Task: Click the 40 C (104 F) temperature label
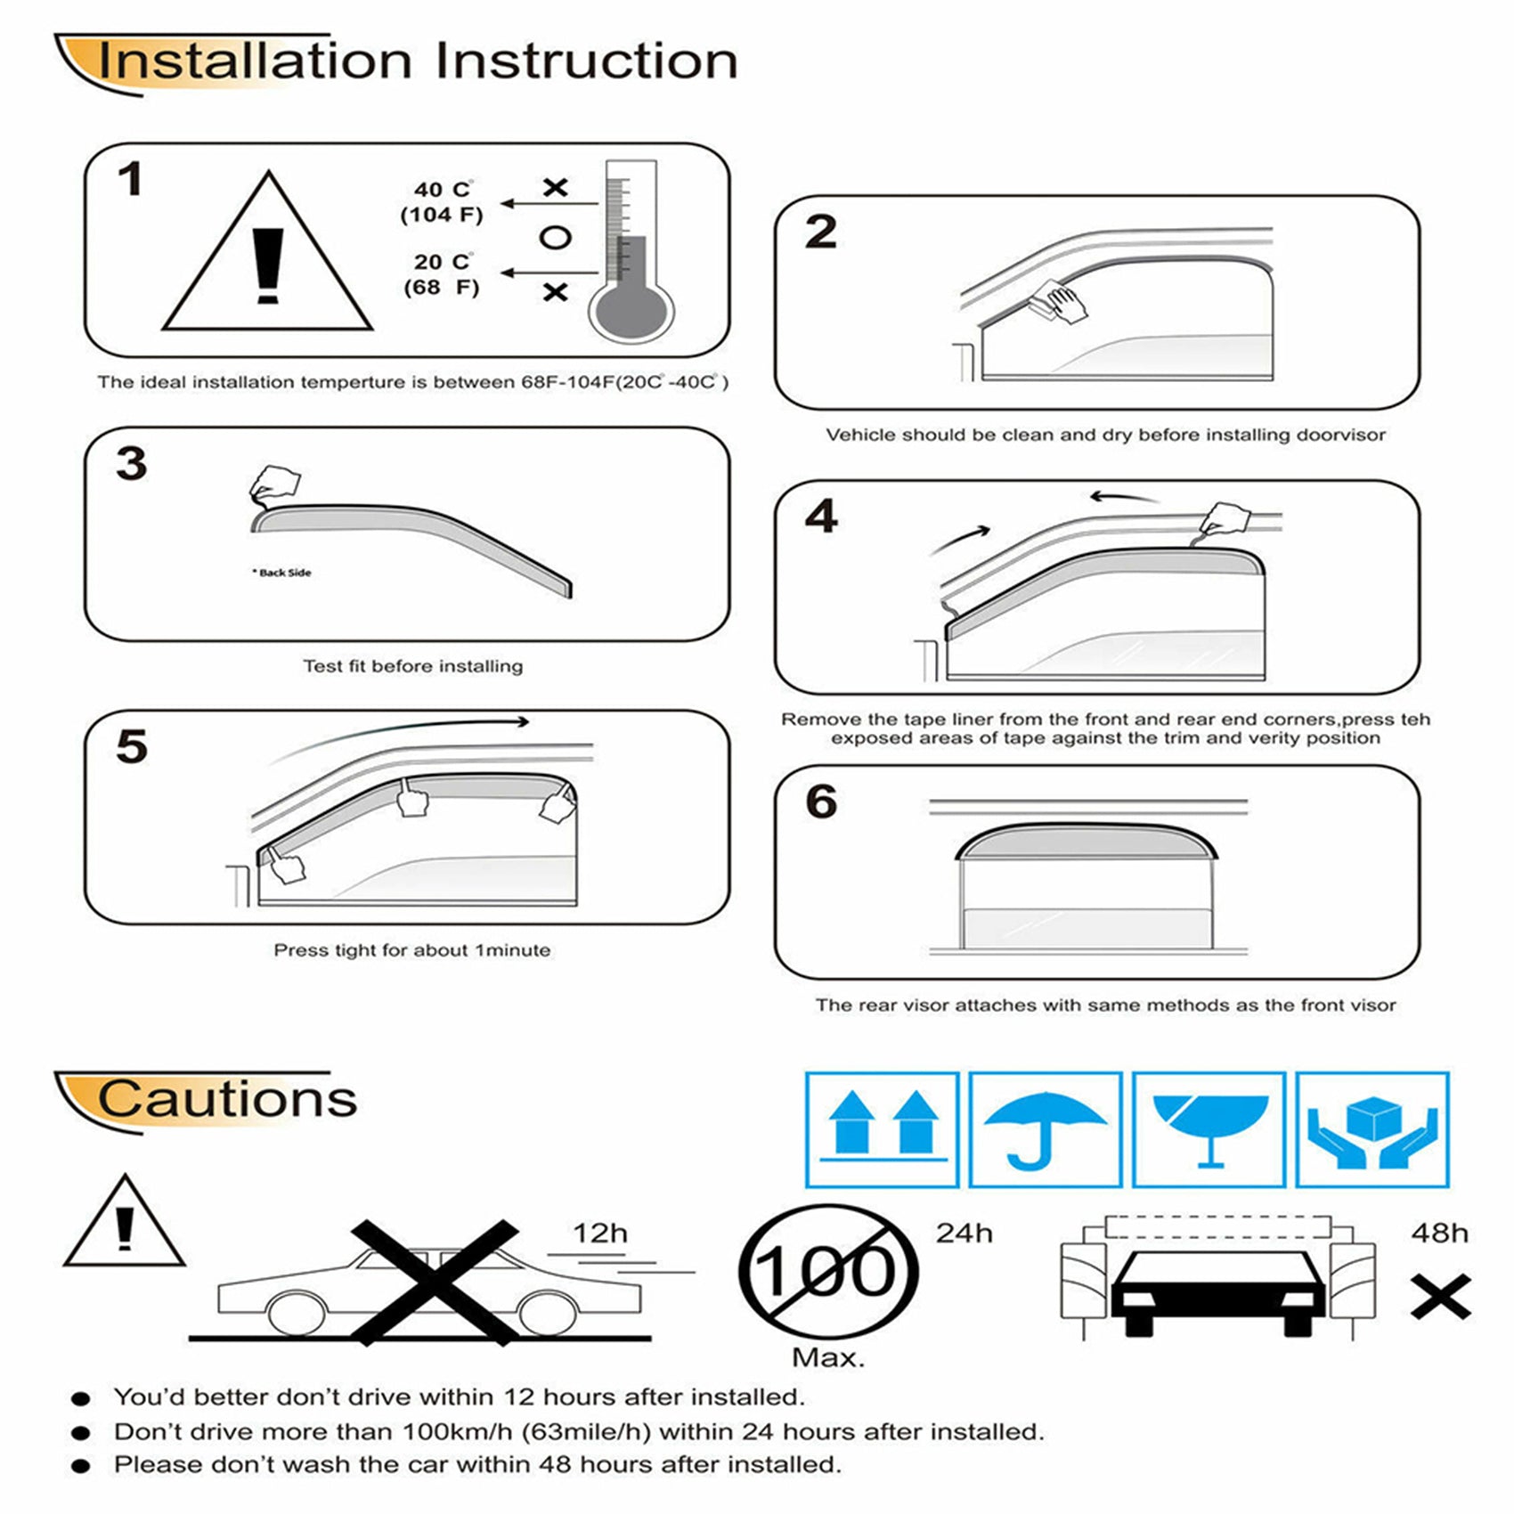tap(442, 202)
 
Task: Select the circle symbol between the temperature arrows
tap(555, 238)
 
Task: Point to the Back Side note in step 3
tap(282, 573)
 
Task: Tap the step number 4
tap(820, 517)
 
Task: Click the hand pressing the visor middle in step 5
tap(411, 799)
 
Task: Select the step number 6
tap(820, 802)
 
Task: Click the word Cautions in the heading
tap(227, 1099)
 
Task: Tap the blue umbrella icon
tap(1045, 1129)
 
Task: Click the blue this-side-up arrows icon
tap(882, 1129)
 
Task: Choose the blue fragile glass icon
tap(1209, 1129)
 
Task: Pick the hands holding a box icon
tap(1372, 1129)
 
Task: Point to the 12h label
tap(599, 1233)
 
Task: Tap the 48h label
tap(1439, 1233)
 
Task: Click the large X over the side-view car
tap(435, 1282)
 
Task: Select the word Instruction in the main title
tap(586, 61)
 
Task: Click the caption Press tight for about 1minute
tap(411, 950)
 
